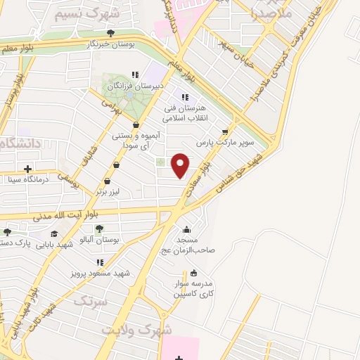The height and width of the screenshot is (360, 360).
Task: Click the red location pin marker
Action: coord(181,165)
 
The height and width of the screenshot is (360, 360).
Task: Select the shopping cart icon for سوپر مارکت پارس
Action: coord(225,130)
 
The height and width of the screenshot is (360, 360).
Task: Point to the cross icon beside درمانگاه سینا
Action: coord(27,169)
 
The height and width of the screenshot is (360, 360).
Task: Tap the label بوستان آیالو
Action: coord(101,240)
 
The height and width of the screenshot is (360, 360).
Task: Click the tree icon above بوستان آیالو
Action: coord(99,227)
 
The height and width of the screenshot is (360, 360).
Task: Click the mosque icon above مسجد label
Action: coord(186,229)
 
